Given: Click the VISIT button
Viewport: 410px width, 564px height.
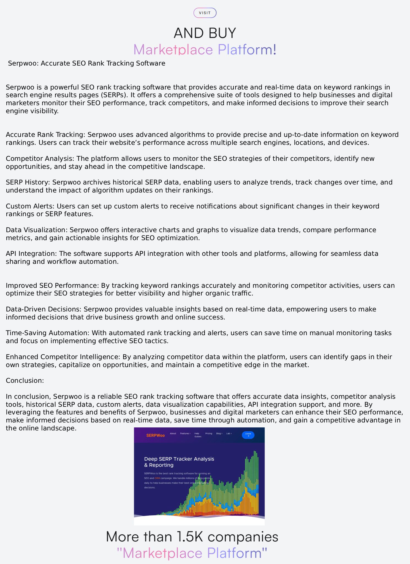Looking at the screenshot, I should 205,13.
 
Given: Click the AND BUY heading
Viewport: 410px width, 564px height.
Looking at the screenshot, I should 205,33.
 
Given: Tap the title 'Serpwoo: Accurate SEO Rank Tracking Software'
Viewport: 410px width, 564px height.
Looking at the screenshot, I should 86,63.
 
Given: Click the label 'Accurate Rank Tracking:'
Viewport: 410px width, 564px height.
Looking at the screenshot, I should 46,135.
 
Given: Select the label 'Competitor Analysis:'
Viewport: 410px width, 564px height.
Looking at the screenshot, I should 40,159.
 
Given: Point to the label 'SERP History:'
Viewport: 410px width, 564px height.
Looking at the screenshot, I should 28,182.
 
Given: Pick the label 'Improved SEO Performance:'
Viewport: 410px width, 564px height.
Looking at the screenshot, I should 52,286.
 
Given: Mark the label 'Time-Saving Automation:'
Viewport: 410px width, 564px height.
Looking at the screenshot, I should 47,333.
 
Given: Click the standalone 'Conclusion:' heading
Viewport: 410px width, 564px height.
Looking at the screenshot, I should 25,381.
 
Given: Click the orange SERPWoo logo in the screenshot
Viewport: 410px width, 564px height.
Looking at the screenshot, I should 156,435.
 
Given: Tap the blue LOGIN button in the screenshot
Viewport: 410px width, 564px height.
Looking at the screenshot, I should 248,435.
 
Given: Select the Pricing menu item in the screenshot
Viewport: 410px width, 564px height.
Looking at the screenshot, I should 209,433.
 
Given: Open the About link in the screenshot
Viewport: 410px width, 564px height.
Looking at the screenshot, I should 173,433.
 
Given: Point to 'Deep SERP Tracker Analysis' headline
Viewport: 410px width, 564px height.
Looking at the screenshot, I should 179,459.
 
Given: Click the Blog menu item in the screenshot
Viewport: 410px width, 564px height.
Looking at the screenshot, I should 219,433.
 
